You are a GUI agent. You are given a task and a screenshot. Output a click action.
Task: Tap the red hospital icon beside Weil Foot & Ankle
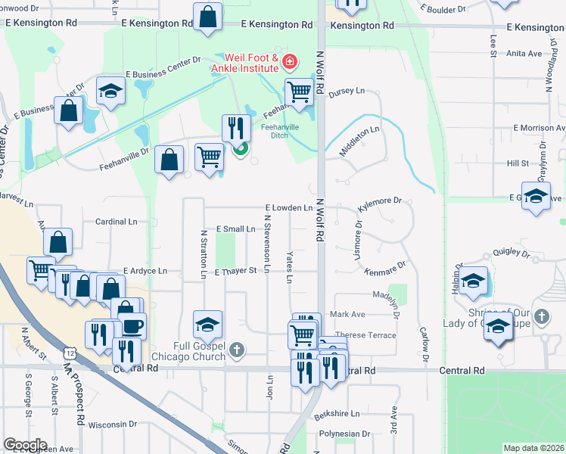click(x=288, y=61)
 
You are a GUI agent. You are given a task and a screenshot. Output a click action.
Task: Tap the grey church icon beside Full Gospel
click(x=238, y=350)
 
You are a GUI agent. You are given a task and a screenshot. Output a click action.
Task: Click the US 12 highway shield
click(x=70, y=353)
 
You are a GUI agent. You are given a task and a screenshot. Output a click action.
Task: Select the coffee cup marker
click(x=132, y=326)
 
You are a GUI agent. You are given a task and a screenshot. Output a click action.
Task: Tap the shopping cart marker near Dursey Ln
click(x=299, y=93)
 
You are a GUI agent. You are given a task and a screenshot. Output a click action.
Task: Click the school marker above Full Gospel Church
click(x=207, y=325)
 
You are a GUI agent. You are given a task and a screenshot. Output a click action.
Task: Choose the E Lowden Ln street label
click(x=288, y=207)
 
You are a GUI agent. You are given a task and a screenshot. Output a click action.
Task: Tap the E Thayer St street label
click(x=236, y=271)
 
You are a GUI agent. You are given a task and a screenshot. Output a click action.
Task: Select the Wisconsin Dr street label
click(x=112, y=424)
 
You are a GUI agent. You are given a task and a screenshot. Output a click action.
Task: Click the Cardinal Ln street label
click(x=116, y=222)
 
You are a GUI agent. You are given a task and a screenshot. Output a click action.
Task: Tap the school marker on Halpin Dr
click(x=474, y=281)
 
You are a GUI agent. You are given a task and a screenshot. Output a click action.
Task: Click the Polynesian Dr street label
click(x=344, y=434)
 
